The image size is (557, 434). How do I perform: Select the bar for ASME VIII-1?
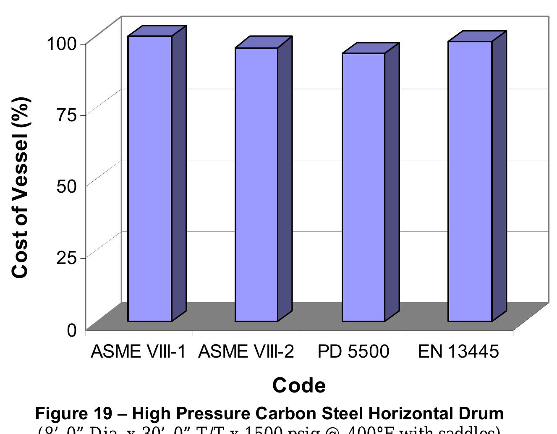pos(150,178)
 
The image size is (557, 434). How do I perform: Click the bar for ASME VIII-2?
pos(256,185)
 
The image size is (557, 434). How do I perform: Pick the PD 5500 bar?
pos(363,187)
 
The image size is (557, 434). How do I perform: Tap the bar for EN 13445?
pos(470,181)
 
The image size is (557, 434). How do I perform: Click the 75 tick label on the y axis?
pos(67,115)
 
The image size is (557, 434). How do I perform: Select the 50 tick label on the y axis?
pos(67,186)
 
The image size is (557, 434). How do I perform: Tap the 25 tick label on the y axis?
pos(67,257)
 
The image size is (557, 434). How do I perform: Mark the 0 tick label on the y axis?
pos(73,330)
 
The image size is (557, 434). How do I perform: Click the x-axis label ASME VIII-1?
pos(138,351)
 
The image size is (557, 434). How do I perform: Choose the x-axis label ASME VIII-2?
pos(246,351)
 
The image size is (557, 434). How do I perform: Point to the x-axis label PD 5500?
pos(353,351)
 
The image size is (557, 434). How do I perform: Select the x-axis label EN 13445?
pos(458,351)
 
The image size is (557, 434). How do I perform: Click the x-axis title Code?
pos(299,385)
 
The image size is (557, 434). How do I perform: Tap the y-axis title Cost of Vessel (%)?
pos(20,187)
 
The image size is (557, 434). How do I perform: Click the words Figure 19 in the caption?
pos(74,413)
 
